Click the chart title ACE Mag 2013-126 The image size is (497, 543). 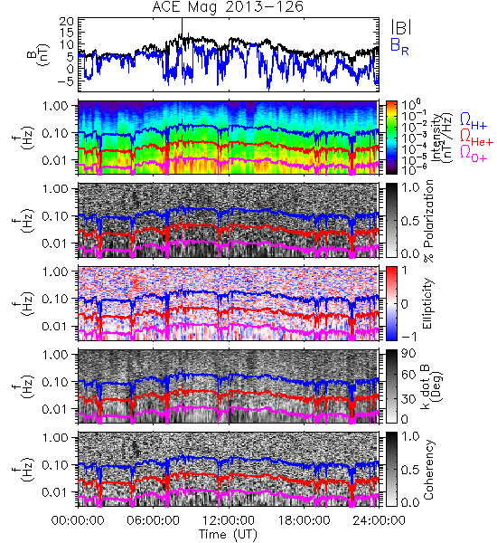click(x=228, y=7)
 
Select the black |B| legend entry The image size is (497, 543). click(x=401, y=26)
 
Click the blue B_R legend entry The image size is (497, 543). click(x=399, y=46)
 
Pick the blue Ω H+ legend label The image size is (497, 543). click(x=474, y=121)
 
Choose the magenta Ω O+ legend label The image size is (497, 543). click(x=474, y=153)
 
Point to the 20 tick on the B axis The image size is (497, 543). click(x=66, y=22)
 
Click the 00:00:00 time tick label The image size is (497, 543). click(x=78, y=520)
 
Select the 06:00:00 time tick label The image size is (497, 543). click(x=153, y=520)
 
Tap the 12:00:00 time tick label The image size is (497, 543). click(x=229, y=520)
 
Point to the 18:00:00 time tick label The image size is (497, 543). click(x=304, y=520)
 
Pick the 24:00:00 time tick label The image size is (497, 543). click(x=379, y=520)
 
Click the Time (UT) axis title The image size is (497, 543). click(x=228, y=534)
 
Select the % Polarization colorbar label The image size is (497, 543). click(x=429, y=221)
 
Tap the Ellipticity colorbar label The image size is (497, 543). click(x=427, y=303)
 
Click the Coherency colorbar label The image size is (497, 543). click(x=428, y=470)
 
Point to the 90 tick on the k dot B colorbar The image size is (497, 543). click(x=408, y=354)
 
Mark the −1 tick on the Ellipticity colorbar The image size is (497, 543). click(x=408, y=337)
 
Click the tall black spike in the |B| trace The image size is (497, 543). click(x=182, y=27)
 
